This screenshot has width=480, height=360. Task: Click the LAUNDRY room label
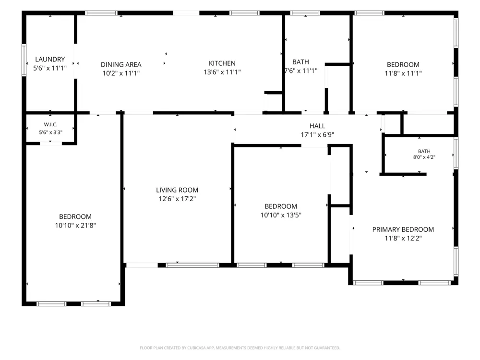50,60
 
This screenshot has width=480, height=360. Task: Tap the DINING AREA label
121,65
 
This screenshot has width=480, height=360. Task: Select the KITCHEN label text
222,63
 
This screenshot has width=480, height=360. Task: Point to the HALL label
317,126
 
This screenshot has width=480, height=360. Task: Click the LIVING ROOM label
177,190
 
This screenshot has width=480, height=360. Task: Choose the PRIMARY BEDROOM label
403,229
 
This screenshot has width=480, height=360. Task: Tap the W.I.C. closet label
50,125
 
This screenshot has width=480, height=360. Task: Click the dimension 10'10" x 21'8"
75,226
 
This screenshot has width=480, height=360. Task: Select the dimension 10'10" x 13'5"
281,215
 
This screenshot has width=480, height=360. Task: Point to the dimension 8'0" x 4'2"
424,157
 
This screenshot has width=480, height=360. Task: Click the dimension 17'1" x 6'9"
317,135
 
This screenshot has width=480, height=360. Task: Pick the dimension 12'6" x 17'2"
177,199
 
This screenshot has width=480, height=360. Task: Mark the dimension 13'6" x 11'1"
222,72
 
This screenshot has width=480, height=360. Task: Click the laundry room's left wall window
24,60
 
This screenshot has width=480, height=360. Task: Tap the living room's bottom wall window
192,265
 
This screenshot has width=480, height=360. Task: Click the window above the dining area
101,13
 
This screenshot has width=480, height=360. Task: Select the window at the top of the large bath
305,13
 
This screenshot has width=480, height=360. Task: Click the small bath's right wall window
456,153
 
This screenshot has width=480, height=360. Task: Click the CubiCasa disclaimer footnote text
240,348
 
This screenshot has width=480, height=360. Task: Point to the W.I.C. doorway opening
51,143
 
